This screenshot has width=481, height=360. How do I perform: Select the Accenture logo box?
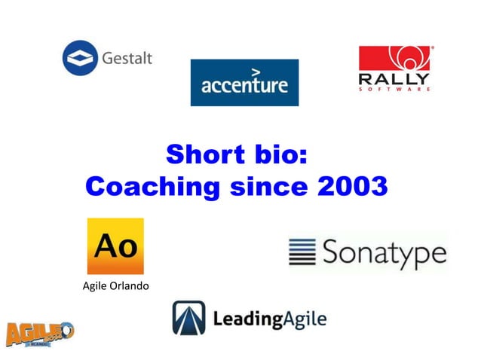click(244, 83)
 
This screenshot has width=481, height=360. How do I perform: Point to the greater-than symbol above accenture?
click(256, 72)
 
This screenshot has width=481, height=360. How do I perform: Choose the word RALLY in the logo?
click(395, 78)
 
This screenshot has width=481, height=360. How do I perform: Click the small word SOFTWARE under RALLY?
click(395, 89)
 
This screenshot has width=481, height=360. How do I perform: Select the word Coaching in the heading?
click(150, 185)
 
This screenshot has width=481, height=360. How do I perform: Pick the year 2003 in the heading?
click(349, 185)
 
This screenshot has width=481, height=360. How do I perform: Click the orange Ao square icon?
click(115, 246)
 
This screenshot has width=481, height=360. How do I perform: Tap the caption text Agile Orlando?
click(115, 287)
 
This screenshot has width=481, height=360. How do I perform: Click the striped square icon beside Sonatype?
click(302, 253)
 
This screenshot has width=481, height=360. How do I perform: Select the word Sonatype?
click(384, 254)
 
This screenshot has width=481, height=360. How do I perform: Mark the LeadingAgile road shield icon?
click(188, 318)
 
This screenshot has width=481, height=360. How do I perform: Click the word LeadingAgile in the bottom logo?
click(269, 319)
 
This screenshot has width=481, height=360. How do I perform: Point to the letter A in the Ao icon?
click(106, 246)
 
